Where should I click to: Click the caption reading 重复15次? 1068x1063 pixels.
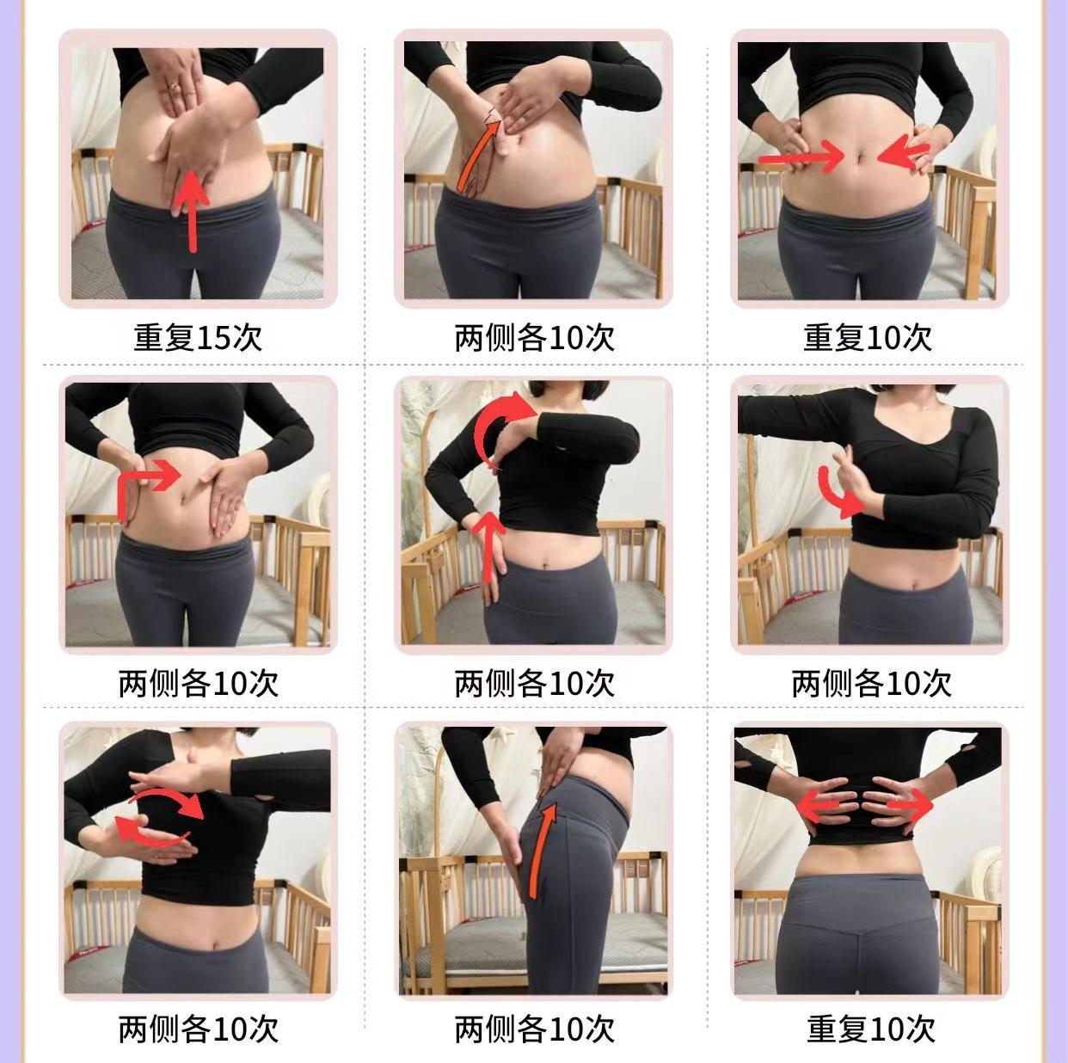click(x=197, y=337)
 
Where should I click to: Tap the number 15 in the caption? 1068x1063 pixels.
click(x=214, y=338)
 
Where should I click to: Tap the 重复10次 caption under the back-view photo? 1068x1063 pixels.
click(x=870, y=1028)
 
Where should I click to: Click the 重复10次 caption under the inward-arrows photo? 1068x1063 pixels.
click(x=868, y=337)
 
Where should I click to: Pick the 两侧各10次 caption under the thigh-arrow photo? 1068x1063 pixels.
click(x=534, y=1028)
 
